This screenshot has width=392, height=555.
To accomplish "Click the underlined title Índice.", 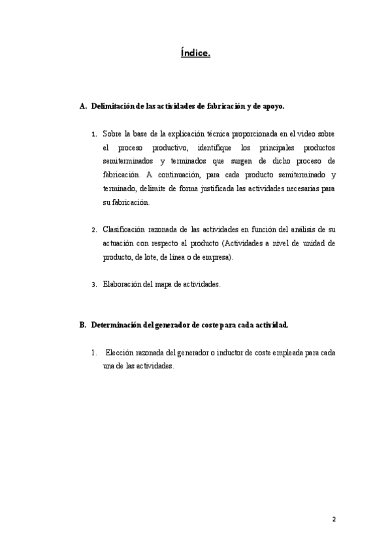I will [195, 52].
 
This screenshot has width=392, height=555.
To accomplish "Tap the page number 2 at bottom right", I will [334, 520].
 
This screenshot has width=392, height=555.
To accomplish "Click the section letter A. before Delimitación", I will [82, 105].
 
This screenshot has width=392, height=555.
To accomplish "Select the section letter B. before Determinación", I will [82, 325].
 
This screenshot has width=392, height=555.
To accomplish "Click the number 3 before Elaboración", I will [95, 285].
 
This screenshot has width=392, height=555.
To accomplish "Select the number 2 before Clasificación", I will [95, 230].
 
